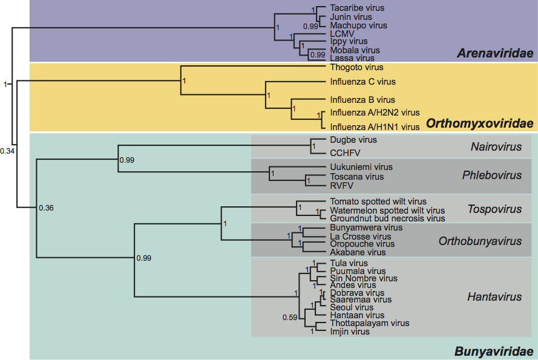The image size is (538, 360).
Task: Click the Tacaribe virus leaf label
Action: [x=357, y=8]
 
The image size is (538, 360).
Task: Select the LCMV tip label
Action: [x=341, y=34]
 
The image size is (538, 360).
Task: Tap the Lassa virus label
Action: [x=352, y=58]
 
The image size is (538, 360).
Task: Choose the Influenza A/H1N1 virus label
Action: [x=375, y=127]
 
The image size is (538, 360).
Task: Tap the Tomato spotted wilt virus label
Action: [x=378, y=201]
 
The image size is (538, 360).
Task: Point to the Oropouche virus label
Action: [x=358, y=244]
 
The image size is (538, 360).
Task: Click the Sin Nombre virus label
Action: [x=364, y=278]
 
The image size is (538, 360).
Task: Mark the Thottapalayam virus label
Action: [x=369, y=323]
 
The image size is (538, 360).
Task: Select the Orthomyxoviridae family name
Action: [x=479, y=124]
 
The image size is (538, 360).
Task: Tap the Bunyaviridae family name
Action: [x=494, y=351]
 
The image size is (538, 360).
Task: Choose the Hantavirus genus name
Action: [x=494, y=297]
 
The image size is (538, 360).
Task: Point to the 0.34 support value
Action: [x=7, y=151]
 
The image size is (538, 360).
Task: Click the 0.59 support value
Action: [x=290, y=317]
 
